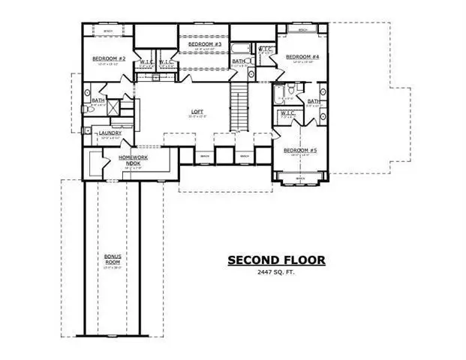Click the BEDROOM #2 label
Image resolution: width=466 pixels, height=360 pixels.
(x=108, y=58)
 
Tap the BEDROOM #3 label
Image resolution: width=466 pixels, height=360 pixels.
(x=203, y=45)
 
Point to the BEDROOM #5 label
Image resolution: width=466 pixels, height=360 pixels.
(x=299, y=151)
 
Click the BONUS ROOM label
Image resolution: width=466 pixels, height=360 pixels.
(x=113, y=259)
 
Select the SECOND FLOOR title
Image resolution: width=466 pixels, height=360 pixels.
(x=276, y=260)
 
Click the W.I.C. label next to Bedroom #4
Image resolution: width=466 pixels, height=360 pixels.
(x=266, y=50)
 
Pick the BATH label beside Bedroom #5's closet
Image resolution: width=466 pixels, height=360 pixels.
(x=312, y=100)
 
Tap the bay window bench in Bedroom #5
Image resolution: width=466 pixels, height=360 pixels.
(x=299, y=178)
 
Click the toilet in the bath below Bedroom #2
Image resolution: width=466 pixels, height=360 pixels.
(x=89, y=109)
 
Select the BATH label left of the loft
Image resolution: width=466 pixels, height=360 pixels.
(x=98, y=100)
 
